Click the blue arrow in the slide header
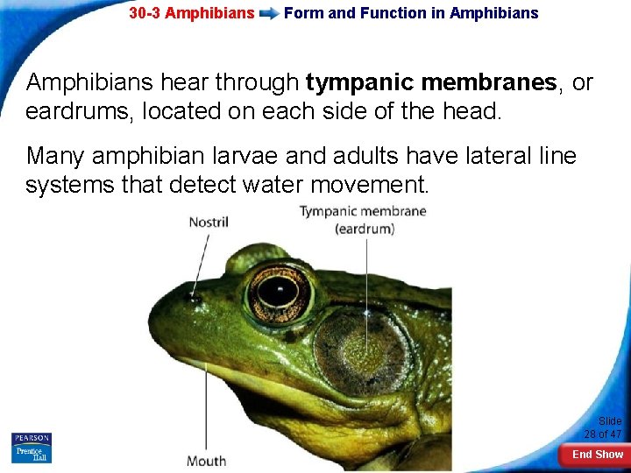(269, 13)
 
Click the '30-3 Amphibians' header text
(191, 13)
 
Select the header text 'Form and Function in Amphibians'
(411, 13)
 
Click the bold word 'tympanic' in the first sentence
(359, 83)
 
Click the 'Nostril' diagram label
(208, 222)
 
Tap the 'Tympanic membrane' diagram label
(363, 211)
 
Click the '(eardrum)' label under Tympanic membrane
(365, 229)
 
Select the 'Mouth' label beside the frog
(206, 461)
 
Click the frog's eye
(279, 292)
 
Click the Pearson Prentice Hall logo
(32, 448)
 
